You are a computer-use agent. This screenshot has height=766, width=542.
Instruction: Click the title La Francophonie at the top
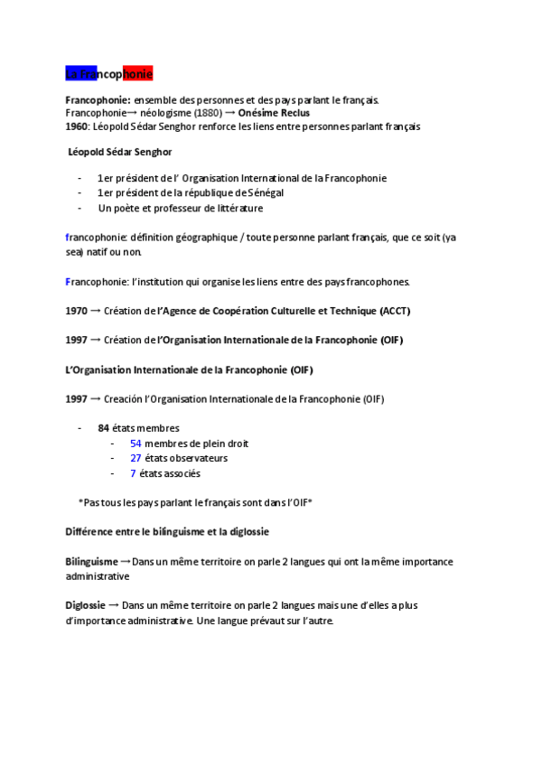(109, 72)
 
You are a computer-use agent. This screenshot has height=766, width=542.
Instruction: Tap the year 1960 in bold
(77, 127)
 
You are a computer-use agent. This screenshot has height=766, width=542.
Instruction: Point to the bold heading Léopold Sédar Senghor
(120, 152)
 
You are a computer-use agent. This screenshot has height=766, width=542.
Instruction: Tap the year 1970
(77, 311)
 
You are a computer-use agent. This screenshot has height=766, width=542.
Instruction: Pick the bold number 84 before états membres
(104, 428)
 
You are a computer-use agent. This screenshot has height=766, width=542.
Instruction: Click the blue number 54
(135, 444)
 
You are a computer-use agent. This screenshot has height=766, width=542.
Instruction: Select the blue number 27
(135, 458)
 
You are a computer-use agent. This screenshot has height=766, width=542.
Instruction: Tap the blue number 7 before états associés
(133, 473)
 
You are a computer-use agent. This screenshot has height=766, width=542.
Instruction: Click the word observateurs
(199, 458)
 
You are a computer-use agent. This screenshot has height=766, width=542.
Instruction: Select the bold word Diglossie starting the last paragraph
(85, 605)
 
